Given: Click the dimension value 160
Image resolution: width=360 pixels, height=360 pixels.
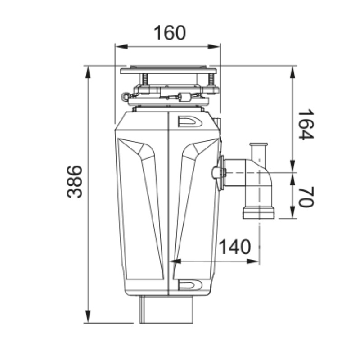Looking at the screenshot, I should coord(170,32).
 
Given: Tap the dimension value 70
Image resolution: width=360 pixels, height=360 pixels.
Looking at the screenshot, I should coord(306,197).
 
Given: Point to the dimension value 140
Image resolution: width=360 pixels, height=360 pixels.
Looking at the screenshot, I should coord(234,247).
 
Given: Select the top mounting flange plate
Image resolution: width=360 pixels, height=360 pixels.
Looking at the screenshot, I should coord(168,70).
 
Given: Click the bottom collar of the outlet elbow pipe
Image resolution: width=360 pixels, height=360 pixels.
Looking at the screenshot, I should coord(259,212).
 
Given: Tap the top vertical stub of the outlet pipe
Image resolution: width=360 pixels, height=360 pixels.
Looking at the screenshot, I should coord(259,151).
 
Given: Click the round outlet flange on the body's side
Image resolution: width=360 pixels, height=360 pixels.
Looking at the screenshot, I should coord(220,172).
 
